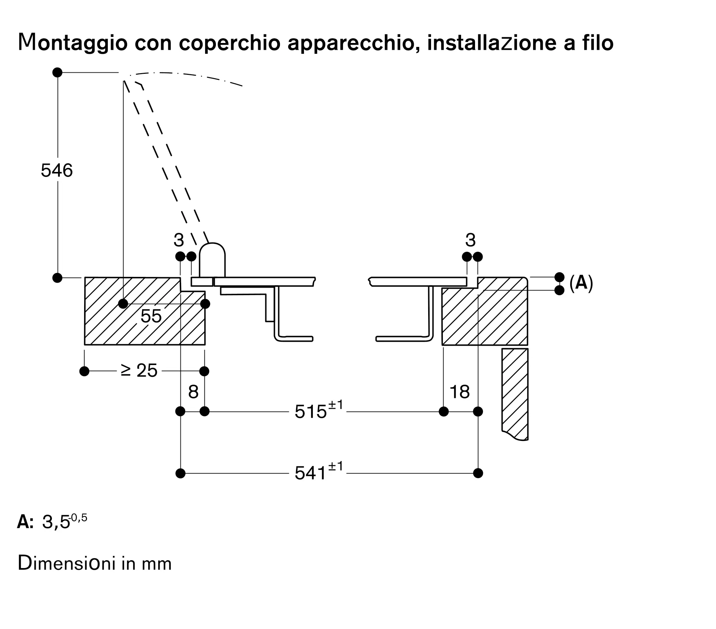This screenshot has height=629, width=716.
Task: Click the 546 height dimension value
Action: [57, 171]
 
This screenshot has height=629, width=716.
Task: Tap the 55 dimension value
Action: [151, 316]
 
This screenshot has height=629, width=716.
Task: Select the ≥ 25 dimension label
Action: [139, 371]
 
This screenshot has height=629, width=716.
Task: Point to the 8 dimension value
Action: [193, 392]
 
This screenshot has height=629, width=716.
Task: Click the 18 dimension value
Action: [460, 392]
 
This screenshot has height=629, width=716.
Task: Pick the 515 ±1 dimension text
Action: [319, 410]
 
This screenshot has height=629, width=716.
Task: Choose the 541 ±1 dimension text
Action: [319, 471]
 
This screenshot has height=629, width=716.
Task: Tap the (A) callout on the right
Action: [581, 283]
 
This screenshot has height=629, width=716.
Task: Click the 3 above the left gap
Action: [179, 240]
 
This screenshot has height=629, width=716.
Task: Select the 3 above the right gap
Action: [470, 240]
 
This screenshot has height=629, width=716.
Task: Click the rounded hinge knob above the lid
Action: [212, 260]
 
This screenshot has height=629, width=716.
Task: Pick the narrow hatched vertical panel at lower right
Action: [515, 394]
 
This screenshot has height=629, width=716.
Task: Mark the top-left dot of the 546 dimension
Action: [57, 72]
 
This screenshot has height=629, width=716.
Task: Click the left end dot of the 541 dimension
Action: [181, 473]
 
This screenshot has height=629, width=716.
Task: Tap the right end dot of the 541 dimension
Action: [478, 473]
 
